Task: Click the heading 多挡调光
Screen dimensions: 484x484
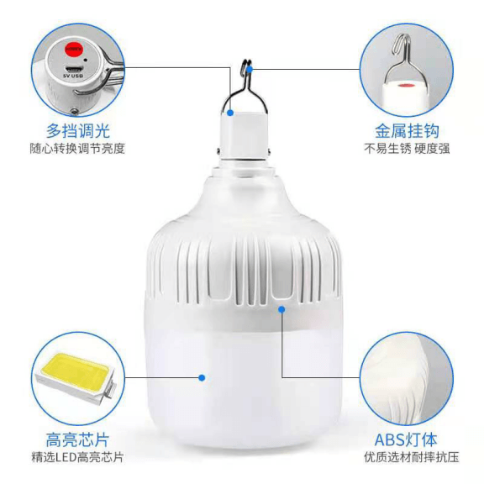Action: [77, 130]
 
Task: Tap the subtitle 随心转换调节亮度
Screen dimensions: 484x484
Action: [77, 149]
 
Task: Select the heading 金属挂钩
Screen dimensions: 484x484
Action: [406, 130]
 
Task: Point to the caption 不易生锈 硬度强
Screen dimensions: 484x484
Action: [406, 149]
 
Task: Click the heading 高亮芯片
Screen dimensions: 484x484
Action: [77, 439]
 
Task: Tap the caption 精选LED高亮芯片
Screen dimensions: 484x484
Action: [77, 458]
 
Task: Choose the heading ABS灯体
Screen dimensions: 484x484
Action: [406, 439]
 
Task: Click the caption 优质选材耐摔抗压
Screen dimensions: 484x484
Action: [406, 458]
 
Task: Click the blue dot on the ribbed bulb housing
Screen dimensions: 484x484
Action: [282, 308]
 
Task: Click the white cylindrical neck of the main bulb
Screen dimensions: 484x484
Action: [245, 134]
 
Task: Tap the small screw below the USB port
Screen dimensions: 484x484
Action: [74, 110]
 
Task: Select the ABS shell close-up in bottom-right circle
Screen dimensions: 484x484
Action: [406, 378]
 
